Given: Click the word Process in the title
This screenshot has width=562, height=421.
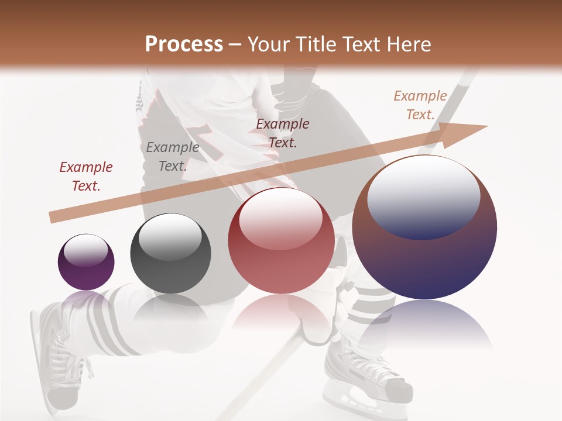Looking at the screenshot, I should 184,44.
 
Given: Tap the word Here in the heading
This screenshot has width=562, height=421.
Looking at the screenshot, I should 409,44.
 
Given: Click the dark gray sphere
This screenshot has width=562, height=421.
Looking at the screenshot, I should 170,254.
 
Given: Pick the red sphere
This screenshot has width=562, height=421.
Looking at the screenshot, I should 281,241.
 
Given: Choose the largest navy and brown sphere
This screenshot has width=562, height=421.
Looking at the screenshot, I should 424,227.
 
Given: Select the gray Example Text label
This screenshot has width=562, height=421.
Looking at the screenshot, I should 172,157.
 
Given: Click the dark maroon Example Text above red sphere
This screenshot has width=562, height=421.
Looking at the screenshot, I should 283,133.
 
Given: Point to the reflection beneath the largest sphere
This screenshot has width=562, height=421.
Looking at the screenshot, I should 424,325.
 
